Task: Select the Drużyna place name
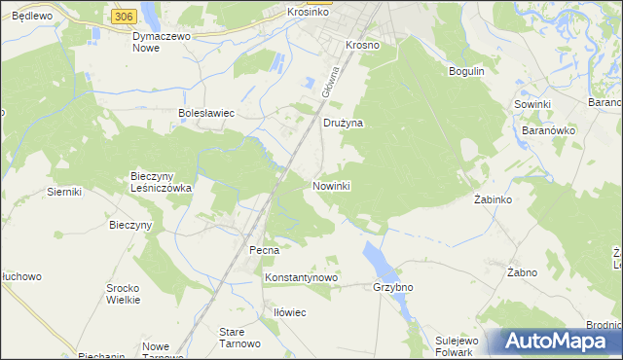(343, 124)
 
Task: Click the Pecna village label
(264, 250)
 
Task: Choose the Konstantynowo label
(301, 277)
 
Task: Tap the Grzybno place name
(393, 288)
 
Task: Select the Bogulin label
(466, 71)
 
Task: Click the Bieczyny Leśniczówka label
(162, 182)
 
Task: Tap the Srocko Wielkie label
(124, 294)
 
